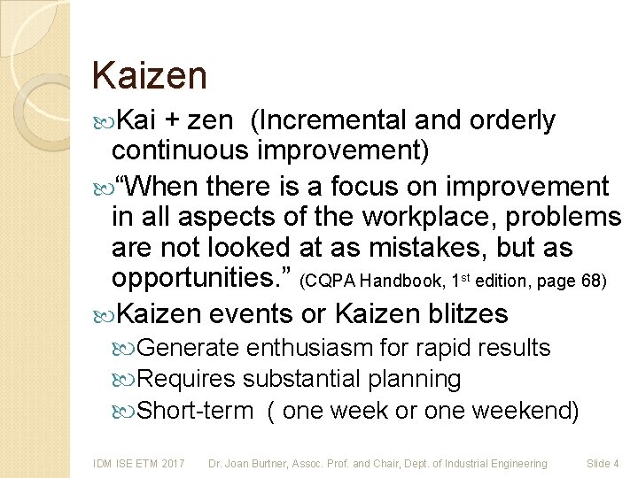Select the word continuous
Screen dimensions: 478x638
(x=180, y=150)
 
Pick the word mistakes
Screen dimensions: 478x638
(x=416, y=249)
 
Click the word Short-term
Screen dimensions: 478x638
(x=196, y=411)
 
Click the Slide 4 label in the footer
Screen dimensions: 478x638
(x=603, y=463)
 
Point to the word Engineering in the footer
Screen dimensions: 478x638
(x=518, y=463)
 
